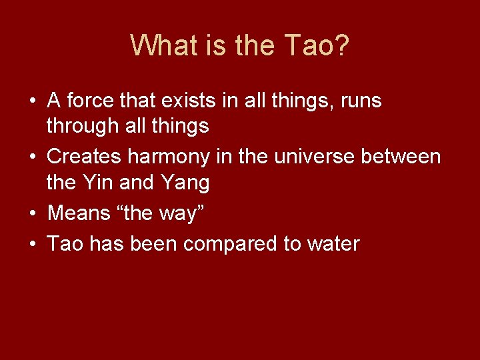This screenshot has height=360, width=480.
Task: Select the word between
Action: [x=407, y=157]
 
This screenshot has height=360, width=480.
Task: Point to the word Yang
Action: [x=185, y=181]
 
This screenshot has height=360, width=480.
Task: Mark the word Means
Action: [x=80, y=213]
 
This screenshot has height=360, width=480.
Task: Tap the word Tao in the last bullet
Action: [x=65, y=243]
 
